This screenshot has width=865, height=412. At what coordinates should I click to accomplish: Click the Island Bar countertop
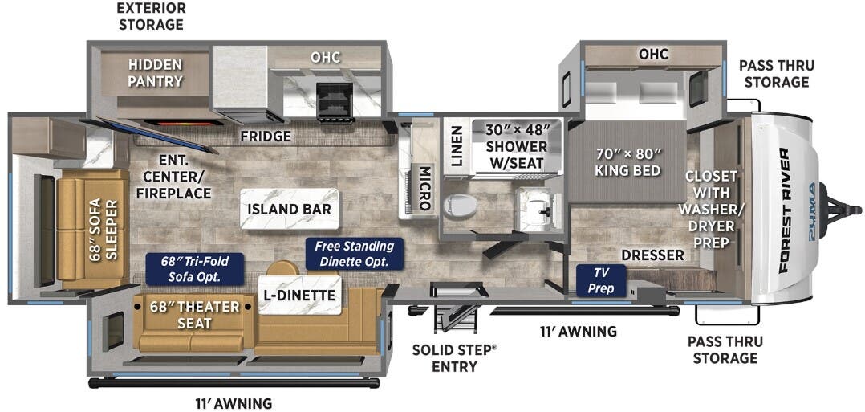289,210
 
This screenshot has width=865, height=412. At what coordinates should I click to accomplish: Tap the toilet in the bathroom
460,206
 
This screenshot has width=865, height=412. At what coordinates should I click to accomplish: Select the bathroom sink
534,208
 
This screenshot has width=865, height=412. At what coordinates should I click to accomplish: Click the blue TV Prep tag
601,280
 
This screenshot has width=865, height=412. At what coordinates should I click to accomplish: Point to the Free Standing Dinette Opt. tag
355,254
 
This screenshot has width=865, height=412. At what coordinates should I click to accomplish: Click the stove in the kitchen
334,101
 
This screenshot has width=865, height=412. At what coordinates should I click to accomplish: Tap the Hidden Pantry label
156,73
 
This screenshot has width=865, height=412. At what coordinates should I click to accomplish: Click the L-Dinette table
299,295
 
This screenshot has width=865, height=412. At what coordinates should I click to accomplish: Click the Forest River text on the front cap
783,210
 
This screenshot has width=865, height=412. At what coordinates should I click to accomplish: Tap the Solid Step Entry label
455,357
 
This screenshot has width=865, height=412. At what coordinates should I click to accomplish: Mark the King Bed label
627,162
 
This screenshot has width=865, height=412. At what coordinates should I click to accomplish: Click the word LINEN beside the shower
457,146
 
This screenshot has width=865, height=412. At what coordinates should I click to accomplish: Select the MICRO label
424,188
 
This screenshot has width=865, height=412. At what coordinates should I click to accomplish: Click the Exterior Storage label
151,17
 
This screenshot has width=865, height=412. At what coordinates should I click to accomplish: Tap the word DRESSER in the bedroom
652,255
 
